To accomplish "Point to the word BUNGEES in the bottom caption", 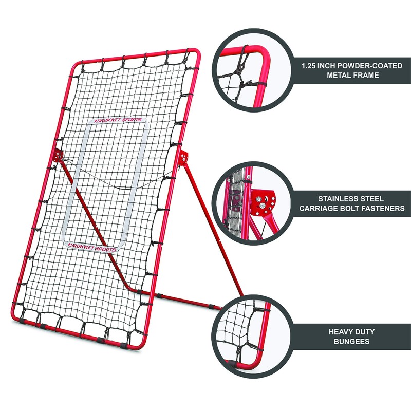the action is click(x=349, y=341).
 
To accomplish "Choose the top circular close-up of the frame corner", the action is click(x=248, y=69).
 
